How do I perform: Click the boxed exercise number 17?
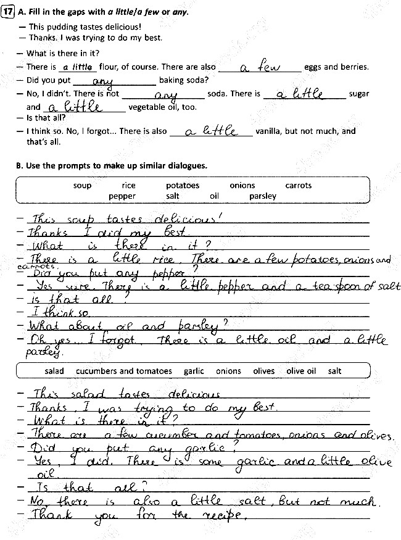pos(8,12)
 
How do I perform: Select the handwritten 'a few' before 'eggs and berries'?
pos(260,66)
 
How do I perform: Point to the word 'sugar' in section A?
pos(359,94)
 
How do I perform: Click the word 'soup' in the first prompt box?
pos(82,185)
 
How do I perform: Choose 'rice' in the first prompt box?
pos(128,185)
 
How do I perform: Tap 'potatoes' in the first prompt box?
pos(183,185)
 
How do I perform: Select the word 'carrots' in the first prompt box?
pos(299,185)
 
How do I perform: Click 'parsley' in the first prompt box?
pos(263,196)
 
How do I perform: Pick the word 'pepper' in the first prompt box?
pos(122,196)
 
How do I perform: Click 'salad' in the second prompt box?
pos(54,371)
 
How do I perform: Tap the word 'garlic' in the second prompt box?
pos(194,371)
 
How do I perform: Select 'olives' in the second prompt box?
pos(264,371)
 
